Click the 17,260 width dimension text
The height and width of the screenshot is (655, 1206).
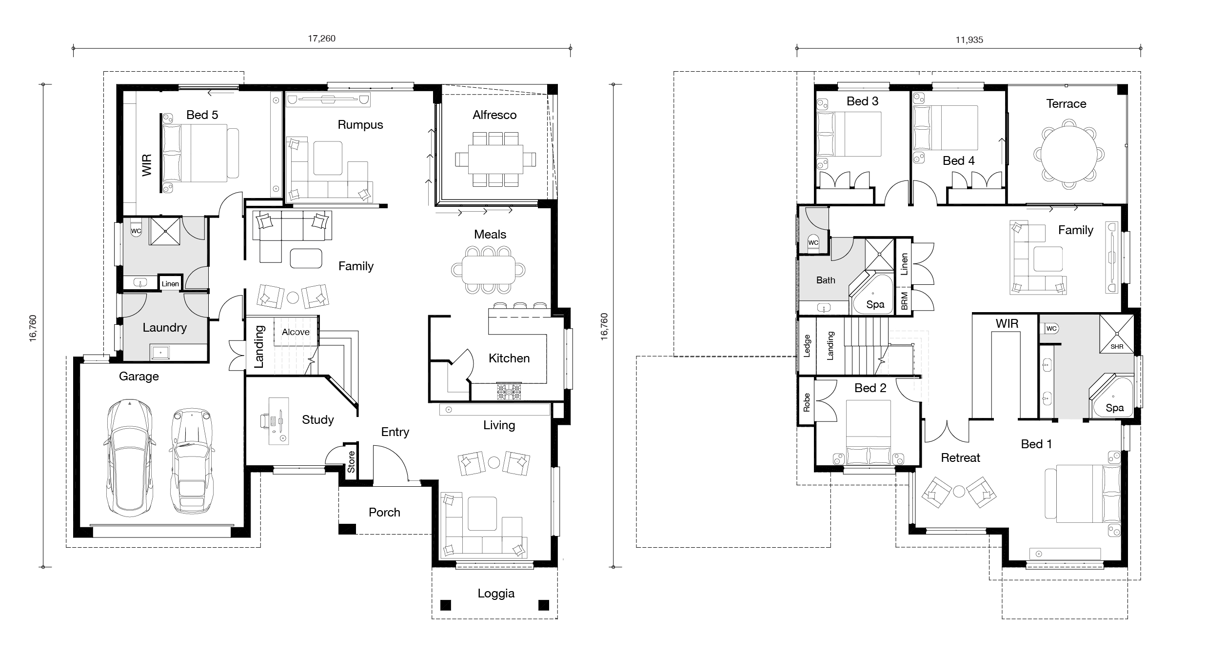pos(321,39)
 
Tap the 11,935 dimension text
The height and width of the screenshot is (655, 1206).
pos(969,40)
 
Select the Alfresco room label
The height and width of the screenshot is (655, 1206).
pos(494,115)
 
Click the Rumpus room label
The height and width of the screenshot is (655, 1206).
pos(360,125)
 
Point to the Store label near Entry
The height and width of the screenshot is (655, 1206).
pos(351,461)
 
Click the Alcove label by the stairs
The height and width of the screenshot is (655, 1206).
pos(296,332)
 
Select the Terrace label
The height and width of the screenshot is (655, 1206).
pos(1066,104)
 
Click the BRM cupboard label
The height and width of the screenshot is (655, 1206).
pos(905,301)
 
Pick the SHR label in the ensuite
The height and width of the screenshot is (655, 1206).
pos(1117,347)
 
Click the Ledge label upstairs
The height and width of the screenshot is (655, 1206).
pos(807,346)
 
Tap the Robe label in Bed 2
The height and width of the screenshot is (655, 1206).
pos(807,403)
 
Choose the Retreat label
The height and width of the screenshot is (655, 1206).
pos(960,458)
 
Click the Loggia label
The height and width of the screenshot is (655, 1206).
pos(496,594)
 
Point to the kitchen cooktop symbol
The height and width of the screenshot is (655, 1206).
pos(509,392)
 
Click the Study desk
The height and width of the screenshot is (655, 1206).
pos(278,421)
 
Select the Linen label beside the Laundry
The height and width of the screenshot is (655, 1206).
pos(170,284)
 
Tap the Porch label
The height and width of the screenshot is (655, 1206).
pos(384,513)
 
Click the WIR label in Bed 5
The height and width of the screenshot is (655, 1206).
pos(147,165)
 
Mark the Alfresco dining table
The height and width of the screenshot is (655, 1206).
pos(495,159)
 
